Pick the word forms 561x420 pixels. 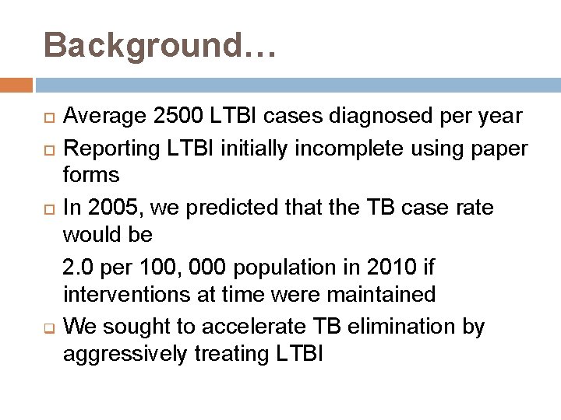coord(92,175)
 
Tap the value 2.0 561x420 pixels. coord(79,268)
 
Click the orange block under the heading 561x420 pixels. coord(16,84)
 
